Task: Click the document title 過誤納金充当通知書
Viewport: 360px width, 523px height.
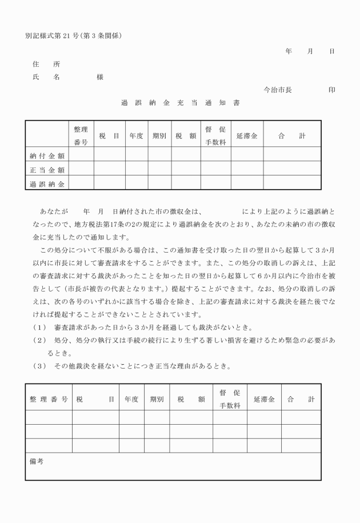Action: tap(180, 103)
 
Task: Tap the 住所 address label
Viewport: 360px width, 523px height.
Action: tap(46, 63)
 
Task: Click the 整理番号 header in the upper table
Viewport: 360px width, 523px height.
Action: tap(81, 135)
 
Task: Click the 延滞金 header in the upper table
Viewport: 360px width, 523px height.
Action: tap(246, 136)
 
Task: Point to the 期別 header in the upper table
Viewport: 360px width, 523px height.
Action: tap(159, 136)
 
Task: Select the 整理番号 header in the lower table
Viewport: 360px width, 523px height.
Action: tap(49, 399)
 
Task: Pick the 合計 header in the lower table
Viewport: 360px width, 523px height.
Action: tap(301, 399)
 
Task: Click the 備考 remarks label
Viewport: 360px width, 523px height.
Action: tap(37, 460)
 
